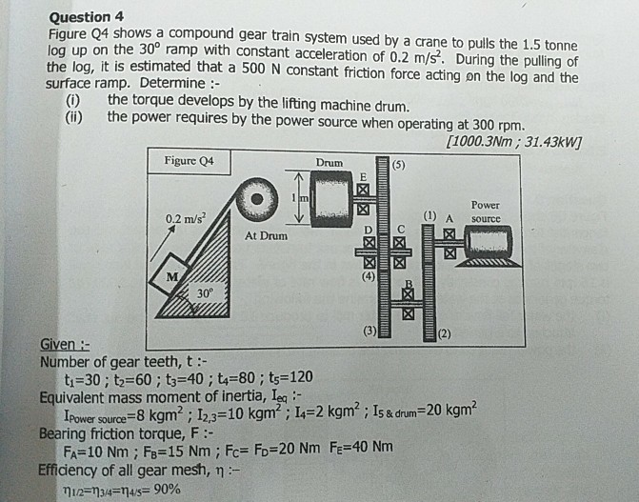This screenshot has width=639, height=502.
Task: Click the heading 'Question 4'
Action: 86,15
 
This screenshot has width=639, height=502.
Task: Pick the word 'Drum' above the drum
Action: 329,163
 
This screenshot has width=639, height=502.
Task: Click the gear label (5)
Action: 398,164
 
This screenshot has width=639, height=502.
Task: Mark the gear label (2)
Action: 443,333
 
